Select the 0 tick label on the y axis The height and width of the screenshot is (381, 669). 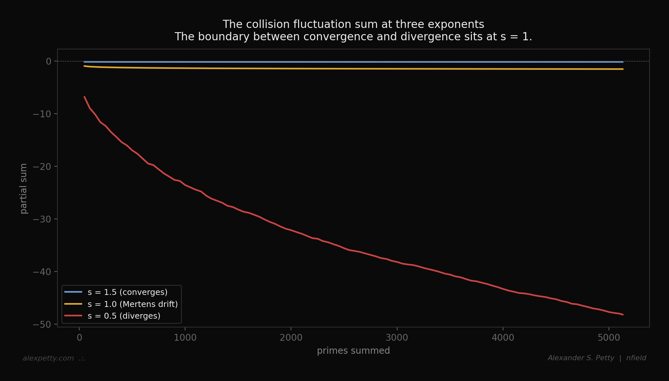[x=49, y=61]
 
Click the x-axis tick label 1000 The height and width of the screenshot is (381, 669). [x=185, y=338]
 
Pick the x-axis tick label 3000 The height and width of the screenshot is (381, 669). [x=397, y=338]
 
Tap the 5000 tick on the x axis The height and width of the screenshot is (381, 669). [x=609, y=338]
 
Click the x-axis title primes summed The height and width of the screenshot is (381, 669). [x=353, y=351]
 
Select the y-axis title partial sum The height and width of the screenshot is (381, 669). [x=24, y=188]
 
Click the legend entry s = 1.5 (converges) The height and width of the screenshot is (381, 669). [x=127, y=292]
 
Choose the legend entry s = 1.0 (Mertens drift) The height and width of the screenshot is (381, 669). [x=133, y=304]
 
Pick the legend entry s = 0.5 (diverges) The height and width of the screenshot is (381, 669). [x=124, y=316]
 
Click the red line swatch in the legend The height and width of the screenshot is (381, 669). [x=73, y=316]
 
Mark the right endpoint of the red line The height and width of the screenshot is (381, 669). [x=623, y=315]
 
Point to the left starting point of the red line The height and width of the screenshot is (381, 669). [x=84, y=97]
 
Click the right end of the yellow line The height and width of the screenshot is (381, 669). [x=623, y=69]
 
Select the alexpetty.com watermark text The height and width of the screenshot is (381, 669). [x=48, y=358]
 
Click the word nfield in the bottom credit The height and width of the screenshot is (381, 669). [x=636, y=358]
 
